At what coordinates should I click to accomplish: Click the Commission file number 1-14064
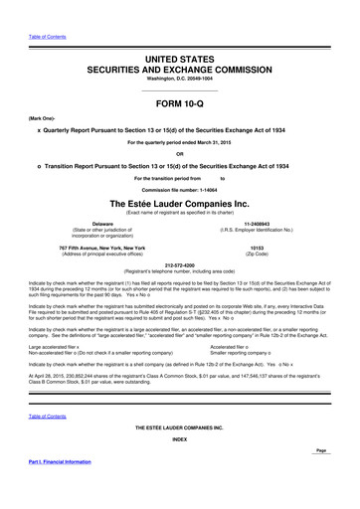[179, 188]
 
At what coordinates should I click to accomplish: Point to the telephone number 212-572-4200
[180, 265]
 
